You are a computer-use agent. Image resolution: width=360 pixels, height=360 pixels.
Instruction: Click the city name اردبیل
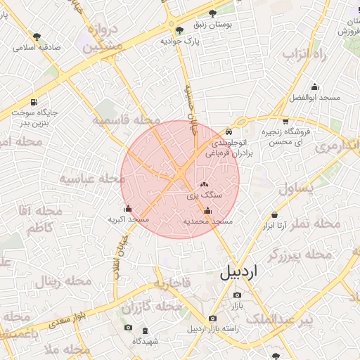pos(239,271)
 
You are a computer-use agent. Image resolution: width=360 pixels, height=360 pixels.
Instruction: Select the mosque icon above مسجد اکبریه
pos(127,209)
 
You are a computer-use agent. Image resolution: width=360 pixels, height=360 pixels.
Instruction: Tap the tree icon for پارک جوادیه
pos(180,30)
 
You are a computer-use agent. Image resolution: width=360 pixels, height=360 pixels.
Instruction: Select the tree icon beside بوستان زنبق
pos(231,12)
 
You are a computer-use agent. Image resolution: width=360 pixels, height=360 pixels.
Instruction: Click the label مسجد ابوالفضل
pos(314,96)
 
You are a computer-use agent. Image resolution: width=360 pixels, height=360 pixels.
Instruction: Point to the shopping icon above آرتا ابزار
pos(274,214)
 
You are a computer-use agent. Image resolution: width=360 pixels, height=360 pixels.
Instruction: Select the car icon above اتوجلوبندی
pos(229,131)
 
